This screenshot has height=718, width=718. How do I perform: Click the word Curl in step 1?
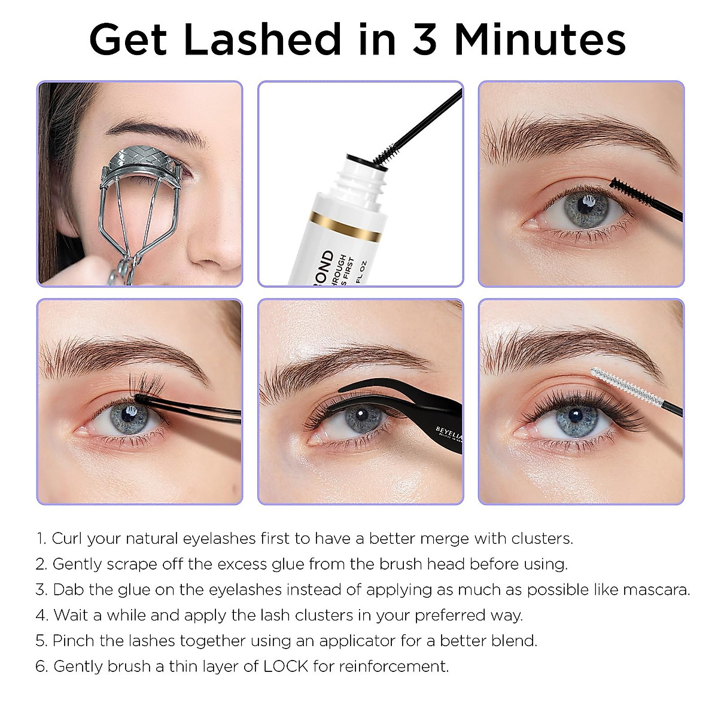(x=66, y=538)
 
